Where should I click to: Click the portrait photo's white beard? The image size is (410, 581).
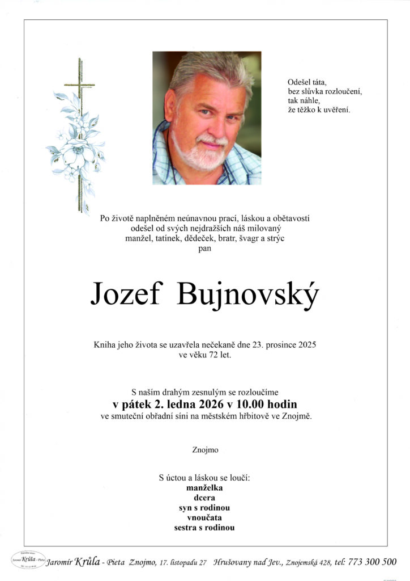point(201,153)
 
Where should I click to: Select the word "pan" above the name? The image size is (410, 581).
point(204,248)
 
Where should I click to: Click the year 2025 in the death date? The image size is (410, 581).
point(305,344)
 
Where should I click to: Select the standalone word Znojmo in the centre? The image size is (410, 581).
point(205,450)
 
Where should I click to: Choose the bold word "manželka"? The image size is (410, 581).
point(204,487)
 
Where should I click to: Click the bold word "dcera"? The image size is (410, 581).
point(204,498)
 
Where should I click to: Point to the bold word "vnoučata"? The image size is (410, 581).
point(204,517)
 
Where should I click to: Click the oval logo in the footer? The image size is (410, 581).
point(27,561)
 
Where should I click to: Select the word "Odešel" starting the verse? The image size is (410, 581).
point(300,81)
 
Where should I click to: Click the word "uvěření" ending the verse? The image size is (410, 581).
point(335,110)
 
